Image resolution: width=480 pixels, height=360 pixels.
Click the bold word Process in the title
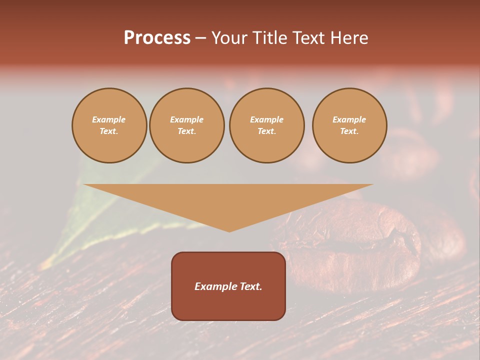[157, 38]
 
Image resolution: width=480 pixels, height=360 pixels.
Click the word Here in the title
[349, 38]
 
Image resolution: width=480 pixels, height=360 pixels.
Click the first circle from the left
[109, 125]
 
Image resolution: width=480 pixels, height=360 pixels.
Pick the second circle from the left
[187, 125]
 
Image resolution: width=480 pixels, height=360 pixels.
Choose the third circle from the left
[266, 125]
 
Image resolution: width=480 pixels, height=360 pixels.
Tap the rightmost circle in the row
[349, 125]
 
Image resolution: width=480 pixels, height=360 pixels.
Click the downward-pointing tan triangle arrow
[228, 200]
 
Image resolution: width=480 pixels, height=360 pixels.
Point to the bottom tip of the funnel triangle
[229, 230]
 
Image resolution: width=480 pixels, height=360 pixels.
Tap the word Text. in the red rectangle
[250, 286]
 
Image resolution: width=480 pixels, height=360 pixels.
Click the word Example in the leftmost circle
[109, 119]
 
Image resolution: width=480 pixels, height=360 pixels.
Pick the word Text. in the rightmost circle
[349, 131]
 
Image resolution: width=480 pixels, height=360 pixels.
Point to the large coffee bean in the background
[360, 245]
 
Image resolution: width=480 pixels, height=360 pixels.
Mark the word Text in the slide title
[308, 38]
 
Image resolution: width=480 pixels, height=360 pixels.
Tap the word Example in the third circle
[266, 119]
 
